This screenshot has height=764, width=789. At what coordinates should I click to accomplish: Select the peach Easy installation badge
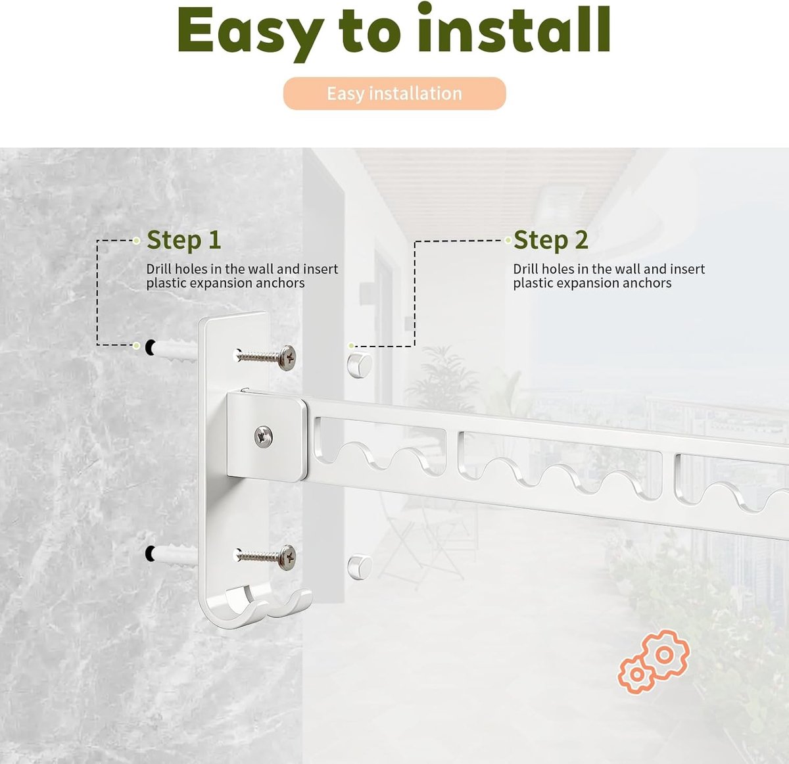[394, 93]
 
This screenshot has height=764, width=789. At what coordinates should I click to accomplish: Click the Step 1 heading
[183, 240]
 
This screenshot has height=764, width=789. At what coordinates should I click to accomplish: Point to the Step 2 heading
[550, 240]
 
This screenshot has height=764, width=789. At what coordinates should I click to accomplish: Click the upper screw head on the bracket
[288, 357]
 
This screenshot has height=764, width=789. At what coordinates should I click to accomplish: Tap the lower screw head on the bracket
[288, 558]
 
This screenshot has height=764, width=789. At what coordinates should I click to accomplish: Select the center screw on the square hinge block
[264, 437]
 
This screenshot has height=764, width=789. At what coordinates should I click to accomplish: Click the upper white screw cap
[359, 364]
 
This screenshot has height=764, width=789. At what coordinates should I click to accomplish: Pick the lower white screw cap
[359, 567]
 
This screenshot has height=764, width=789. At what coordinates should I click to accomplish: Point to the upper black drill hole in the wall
[150, 348]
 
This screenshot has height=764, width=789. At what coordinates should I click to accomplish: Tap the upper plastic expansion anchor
[175, 350]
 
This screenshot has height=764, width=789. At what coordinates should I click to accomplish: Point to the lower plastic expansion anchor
[175, 556]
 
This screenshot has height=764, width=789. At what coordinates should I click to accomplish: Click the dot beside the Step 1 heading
[137, 241]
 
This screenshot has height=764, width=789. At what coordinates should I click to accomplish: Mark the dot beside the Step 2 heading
[508, 241]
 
